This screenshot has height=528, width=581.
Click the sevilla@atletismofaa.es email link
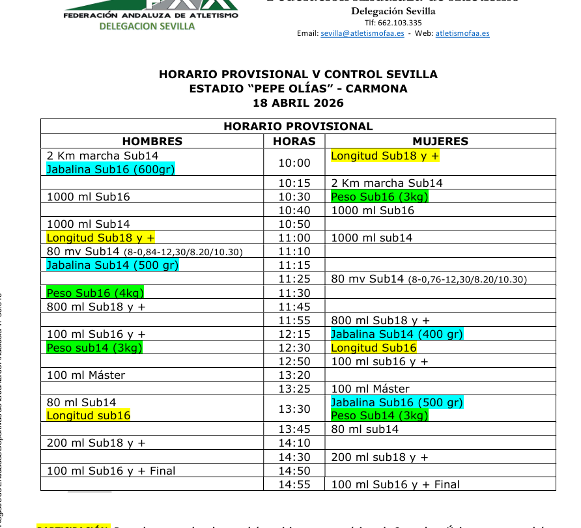click(x=362, y=33)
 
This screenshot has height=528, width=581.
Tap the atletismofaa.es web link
click(x=462, y=33)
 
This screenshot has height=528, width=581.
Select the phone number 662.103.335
click(x=393, y=23)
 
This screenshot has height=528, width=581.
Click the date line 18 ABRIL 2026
click(x=298, y=103)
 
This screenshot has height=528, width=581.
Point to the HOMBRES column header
click(x=152, y=141)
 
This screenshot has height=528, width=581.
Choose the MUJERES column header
click(x=440, y=141)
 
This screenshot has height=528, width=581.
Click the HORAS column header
click(x=294, y=141)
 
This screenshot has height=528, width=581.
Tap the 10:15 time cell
click(x=294, y=183)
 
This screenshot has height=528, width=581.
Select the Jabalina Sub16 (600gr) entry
click(x=111, y=169)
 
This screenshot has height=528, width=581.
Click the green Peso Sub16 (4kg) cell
click(x=95, y=293)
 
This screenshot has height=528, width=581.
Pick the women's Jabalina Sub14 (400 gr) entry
click(x=397, y=334)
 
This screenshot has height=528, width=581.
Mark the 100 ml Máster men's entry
click(x=86, y=375)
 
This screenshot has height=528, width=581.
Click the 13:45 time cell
click(x=294, y=429)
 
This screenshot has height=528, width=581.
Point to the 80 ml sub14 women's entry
click(x=365, y=429)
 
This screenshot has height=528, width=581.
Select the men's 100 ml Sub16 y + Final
click(x=111, y=471)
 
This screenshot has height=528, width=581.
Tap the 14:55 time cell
click(x=294, y=484)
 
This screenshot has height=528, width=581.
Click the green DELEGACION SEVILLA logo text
click(x=147, y=27)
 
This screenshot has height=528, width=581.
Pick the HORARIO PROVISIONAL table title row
click(x=298, y=126)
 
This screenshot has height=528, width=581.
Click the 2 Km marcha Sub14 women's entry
click(x=387, y=183)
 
